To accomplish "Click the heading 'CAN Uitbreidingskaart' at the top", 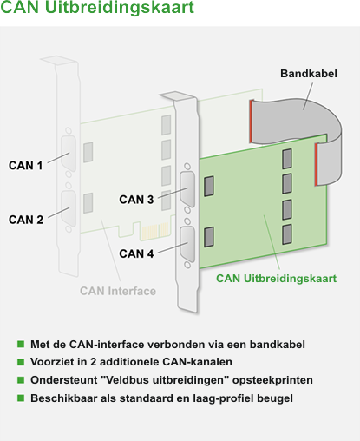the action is [97, 7].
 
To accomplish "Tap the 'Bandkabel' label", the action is [309, 74].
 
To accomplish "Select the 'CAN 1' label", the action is [25, 166].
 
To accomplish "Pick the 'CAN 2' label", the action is [26, 220].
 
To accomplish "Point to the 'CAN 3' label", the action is [136, 200].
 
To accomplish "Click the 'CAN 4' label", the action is [136, 253].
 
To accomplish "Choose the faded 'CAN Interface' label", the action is [118, 291].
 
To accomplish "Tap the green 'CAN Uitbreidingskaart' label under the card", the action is [276, 279].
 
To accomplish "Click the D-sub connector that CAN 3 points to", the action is [187, 189].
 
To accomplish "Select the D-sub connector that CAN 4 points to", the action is [187, 245].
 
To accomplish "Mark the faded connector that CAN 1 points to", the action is [69, 154].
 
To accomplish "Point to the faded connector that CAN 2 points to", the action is [69, 208].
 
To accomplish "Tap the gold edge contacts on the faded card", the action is [155, 232].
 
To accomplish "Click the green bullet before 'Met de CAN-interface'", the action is [21, 344].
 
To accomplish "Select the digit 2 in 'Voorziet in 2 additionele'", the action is [93, 362].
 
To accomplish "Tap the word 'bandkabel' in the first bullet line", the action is [278, 345].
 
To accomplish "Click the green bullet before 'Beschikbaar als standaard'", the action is [21, 398].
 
